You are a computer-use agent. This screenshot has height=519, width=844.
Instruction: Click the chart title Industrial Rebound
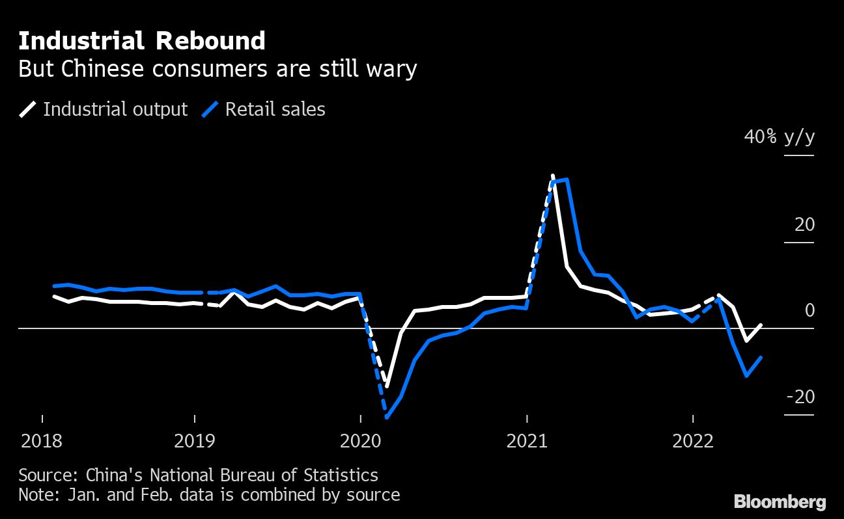pyautogui.click(x=142, y=41)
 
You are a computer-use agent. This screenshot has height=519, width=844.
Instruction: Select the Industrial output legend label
pyautogui.click(x=115, y=109)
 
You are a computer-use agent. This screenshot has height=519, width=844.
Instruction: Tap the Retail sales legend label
pyautogui.click(x=275, y=109)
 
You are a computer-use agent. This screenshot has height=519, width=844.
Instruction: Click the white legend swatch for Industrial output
pyautogui.click(x=28, y=109)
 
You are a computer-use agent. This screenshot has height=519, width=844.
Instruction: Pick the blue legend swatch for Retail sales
pyautogui.click(x=210, y=109)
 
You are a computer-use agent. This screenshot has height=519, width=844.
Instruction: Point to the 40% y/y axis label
pyautogui.click(x=780, y=137)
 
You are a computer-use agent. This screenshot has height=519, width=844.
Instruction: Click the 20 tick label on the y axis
pyautogui.click(x=804, y=224)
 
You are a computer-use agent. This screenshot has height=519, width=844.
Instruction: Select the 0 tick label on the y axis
pyautogui.click(x=809, y=310)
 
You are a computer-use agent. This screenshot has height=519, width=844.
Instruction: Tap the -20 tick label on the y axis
pyautogui.click(x=800, y=397)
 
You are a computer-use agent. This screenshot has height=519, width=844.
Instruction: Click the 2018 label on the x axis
pyautogui.click(x=42, y=442)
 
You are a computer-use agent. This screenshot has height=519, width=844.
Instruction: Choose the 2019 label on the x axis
pyautogui.click(x=195, y=442)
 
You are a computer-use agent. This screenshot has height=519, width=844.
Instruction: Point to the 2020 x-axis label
pyautogui.click(x=361, y=442)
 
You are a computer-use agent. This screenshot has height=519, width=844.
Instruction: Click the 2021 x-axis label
pyautogui.click(x=527, y=442)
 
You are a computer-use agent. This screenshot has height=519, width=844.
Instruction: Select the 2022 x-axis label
pyautogui.click(x=693, y=442)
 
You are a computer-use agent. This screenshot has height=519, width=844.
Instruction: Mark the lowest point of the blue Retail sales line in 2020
pyautogui.click(x=387, y=417)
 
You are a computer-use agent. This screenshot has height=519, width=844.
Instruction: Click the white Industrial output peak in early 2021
pyautogui.click(x=552, y=176)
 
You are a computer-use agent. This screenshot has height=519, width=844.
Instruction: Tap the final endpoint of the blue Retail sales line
pyautogui.click(x=761, y=358)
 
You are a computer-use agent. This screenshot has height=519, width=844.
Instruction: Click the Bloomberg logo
pyautogui.click(x=780, y=501)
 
